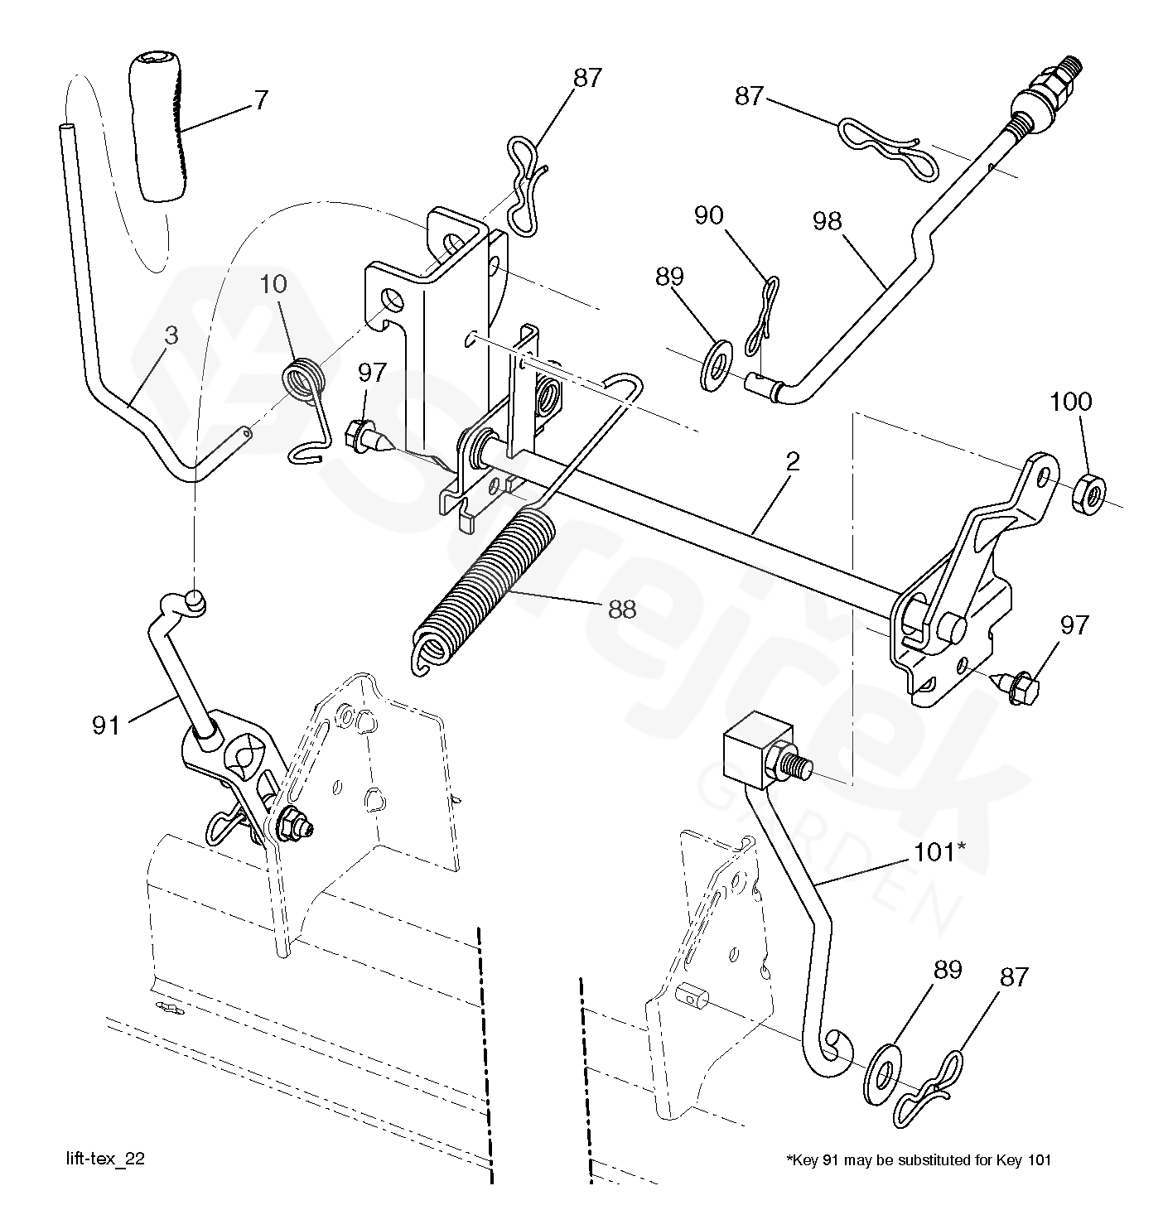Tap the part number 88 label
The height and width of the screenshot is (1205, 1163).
(621, 610)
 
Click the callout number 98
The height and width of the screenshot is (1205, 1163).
(827, 221)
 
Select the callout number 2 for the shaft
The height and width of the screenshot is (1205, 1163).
(792, 462)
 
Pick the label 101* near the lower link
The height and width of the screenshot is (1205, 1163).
(939, 851)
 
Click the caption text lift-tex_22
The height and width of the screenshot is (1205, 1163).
(106, 1159)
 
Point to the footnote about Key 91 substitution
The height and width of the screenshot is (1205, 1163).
(918, 1159)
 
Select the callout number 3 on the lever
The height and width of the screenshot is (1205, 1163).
(171, 336)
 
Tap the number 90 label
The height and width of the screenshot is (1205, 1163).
(708, 215)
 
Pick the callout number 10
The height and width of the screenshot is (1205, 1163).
(273, 284)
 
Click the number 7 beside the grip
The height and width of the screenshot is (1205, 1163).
(261, 100)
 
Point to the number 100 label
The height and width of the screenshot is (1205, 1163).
(1070, 402)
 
